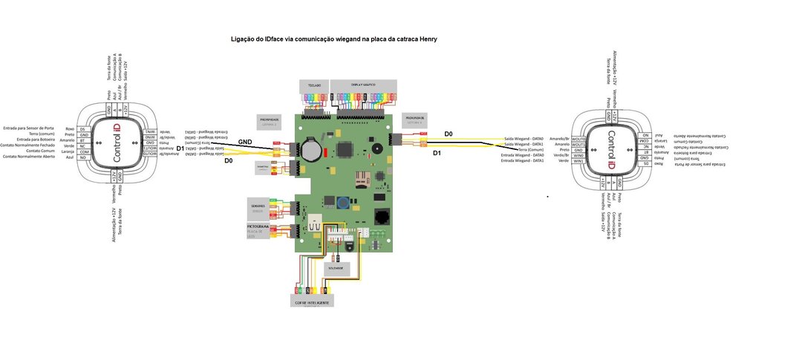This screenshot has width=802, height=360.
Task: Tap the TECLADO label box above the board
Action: click(x=314, y=86)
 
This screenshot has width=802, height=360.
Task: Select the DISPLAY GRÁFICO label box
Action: click(x=363, y=86)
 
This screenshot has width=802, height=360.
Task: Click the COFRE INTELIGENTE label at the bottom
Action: click(x=311, y=302)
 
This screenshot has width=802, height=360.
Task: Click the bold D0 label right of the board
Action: click(x=448, y=134)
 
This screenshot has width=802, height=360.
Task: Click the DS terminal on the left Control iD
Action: click(x=82, y=129)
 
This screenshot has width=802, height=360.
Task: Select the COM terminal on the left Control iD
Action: click(x=83, y=151)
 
